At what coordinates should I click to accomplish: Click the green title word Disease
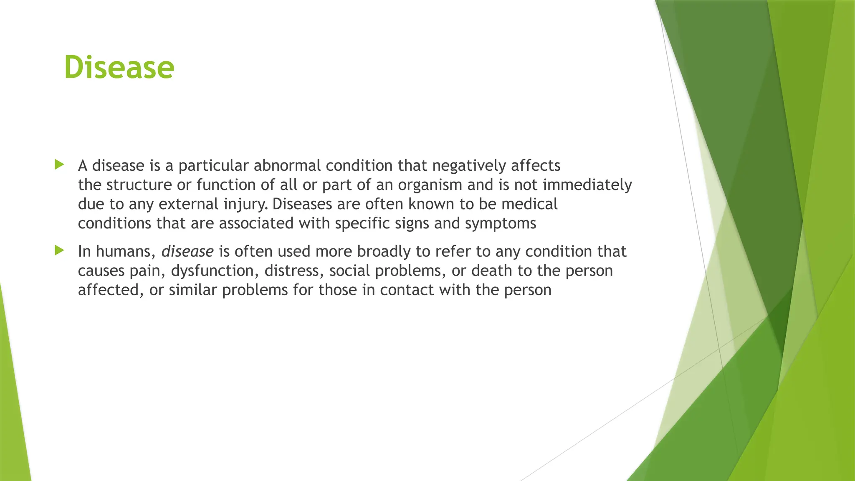click(x=119, y=67)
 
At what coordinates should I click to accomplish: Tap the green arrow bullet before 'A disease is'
click(x=59, y=165)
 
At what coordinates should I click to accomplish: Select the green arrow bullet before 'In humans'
click(x=59, y=251)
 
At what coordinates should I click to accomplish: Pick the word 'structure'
click(x=141, y=185)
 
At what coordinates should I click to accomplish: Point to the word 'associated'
click(x=256, y=223)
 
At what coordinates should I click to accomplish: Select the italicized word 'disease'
click(x=187, y=251)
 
